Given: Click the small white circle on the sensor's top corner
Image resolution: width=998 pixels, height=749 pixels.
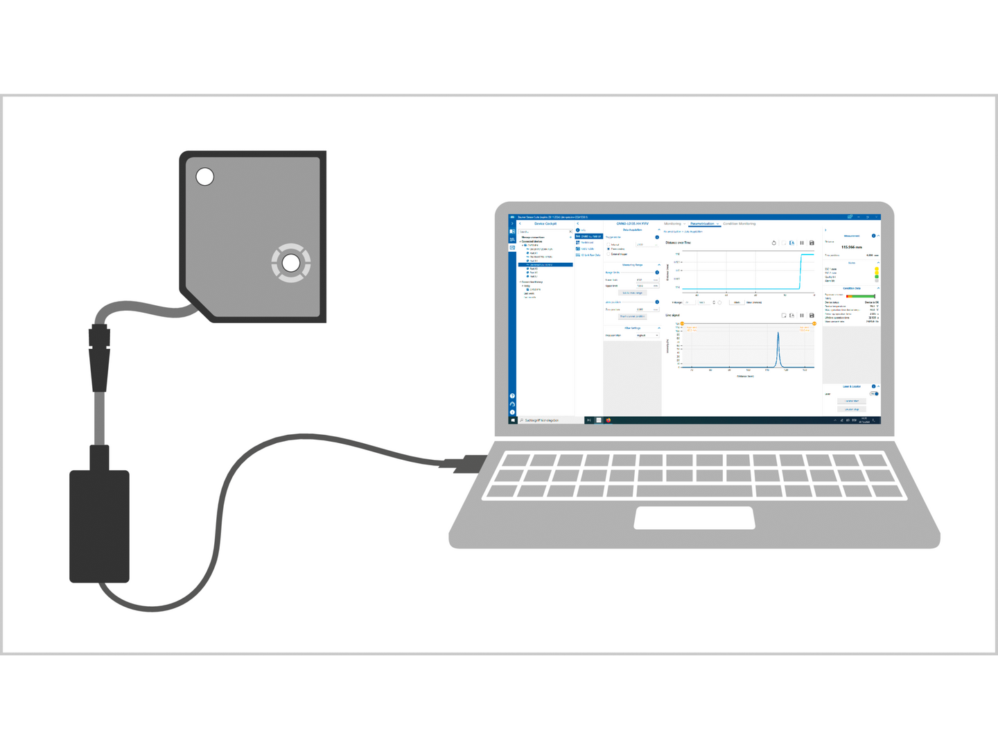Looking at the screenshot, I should pyautogui.click(x=204, y=177).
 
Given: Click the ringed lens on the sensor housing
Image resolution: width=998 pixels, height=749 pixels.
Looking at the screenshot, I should pyautogui.click(x=291, y=263).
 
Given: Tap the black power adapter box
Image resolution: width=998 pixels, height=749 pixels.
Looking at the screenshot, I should pyautogui.click(x=99, y=526).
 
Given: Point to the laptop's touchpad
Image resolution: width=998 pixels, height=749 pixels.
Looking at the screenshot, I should pyautogui.click(x=694, y=517).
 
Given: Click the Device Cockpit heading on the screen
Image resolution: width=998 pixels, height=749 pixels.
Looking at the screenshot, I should pyautogui.click(x=545, y=223).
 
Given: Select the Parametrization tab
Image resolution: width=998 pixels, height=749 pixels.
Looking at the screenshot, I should pyautogui.click(x=702, y=223).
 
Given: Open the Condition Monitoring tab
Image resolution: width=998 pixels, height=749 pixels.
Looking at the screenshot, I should pyautogui.click(x=739, y=223).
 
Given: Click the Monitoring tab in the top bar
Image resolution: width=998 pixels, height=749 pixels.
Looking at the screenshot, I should pyautogui.click(x=672, y=223).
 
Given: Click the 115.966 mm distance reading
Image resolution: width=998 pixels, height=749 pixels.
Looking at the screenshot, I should pyautogui.click(x=852, y=247).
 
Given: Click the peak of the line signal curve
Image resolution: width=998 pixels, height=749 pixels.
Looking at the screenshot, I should pyautogui.click(x=778, y=334).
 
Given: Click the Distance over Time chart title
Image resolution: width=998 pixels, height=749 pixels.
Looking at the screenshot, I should pyautogui.click(x=678, y=243).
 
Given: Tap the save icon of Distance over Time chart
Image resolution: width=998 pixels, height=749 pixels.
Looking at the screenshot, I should pyautogui.click(x=812, y=243).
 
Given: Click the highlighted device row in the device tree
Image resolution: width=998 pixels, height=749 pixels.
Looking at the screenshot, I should pyautogui.click(x=546, y=265).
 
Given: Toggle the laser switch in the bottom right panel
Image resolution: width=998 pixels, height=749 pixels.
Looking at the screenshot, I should pyautogui.click(x=874, y=394).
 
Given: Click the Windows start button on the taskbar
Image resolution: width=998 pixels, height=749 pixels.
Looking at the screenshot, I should pyautogui.click(x=513, y=420).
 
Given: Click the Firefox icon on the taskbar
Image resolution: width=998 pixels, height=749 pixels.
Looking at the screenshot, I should pyautogui.click(x=609, y=420).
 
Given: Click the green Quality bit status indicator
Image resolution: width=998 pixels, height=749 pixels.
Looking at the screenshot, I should pyautogui.click(x=876, y=277).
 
